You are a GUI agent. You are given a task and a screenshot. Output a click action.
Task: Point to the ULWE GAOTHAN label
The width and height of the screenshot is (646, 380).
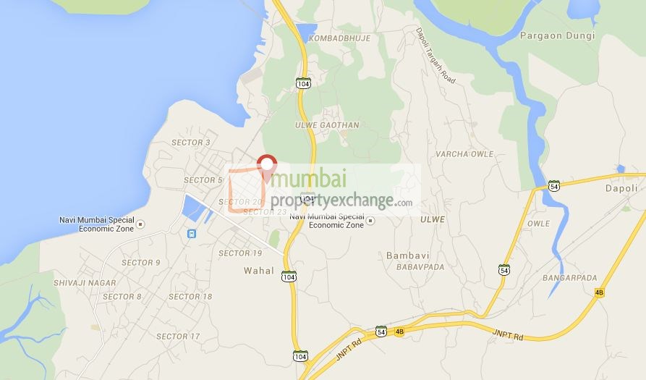(x=326, y=125)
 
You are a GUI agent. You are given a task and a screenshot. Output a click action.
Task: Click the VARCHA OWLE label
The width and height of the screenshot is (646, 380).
(x=464, y=154)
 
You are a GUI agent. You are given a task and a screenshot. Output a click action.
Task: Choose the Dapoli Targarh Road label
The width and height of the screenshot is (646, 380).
(x=435, y=56)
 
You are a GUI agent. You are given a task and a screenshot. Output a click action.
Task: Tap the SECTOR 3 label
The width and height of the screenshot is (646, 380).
(x=191, y=143)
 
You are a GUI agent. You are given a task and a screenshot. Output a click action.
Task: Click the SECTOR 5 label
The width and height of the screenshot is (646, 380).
(x=203, y=180)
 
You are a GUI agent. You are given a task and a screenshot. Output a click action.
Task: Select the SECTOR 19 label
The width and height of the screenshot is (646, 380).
(x=240, y=253)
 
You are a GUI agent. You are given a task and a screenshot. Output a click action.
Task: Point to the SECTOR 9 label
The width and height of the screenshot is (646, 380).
(x=141, y=263)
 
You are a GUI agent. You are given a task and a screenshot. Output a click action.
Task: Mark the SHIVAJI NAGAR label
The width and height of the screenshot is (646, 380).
(x=85, y=282)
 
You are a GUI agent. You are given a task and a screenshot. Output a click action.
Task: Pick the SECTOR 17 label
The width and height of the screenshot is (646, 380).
(x=178, y=337)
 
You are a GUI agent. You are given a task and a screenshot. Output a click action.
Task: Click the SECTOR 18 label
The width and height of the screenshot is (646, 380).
(x=190, y=297)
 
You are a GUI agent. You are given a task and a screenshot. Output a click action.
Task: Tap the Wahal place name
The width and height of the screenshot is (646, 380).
(x=260, y=271)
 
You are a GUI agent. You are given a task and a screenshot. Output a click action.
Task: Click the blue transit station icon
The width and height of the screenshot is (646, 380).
(x=192, y=233)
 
